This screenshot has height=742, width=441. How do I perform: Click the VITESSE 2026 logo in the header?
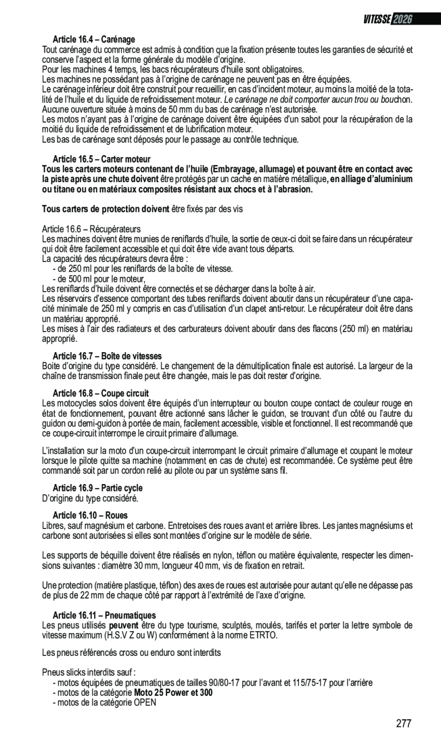tap(387, 18)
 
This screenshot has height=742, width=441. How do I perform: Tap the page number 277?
tap(403, 724)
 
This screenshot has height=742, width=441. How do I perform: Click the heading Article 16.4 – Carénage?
tap(94, 40)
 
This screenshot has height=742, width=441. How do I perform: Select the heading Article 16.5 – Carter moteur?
tap(102, 159)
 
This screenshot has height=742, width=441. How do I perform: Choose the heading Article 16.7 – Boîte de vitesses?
tap(107, 356)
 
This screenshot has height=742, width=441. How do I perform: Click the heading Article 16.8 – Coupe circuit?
tap(100, 393)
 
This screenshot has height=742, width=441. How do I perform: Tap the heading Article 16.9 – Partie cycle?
tap(98, 488)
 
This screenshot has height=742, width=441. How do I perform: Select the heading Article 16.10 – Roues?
tap(90, 515)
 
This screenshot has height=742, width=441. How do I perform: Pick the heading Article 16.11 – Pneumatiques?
tap(104, 615)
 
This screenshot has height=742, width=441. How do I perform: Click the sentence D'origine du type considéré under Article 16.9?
tap(90, 498)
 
